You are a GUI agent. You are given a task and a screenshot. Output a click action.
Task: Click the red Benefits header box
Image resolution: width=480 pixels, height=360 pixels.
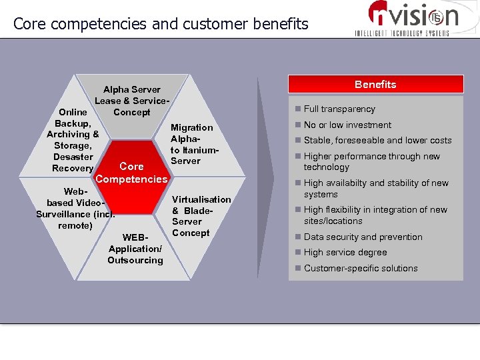click(375, 85)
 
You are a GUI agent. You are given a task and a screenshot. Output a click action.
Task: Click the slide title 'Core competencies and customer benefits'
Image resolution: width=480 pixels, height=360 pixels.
click(161, 24)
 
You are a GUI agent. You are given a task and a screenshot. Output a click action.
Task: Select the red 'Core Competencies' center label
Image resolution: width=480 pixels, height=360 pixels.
click(131, 173)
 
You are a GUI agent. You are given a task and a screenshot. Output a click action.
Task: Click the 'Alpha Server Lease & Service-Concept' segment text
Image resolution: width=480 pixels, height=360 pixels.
click(131, 101)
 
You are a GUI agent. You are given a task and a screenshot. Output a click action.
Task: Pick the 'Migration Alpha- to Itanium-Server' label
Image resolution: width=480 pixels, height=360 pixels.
click(192, 144)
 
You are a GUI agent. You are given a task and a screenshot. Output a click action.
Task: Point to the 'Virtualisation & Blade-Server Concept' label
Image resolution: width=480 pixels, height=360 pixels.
click(201, 216)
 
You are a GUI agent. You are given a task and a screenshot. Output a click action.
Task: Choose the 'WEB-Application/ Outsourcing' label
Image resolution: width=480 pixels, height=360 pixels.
click(135, 249)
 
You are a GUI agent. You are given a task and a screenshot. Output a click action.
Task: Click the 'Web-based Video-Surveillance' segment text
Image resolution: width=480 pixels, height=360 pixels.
click(75, 209)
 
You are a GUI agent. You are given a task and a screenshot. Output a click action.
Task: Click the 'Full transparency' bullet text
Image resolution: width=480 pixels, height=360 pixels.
click(339, 109)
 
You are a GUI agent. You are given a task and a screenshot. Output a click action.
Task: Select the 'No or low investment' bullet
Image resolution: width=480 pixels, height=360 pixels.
click(347, 125)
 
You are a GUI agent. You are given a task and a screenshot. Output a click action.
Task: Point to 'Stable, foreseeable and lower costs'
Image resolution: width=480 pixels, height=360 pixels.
click(377, 141)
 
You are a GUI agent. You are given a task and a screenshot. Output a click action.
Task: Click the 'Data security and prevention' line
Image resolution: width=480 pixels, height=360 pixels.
click(363, 237)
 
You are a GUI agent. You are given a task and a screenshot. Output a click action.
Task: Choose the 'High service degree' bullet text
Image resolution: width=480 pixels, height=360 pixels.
click(345, 253)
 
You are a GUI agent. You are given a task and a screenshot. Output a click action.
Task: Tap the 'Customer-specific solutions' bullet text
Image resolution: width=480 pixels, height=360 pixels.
click(361, 268)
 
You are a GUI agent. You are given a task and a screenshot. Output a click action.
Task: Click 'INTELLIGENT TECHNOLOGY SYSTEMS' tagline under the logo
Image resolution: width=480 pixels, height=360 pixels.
click(401, 33)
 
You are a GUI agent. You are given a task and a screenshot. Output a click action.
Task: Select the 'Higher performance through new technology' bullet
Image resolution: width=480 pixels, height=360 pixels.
click(371, 161)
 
